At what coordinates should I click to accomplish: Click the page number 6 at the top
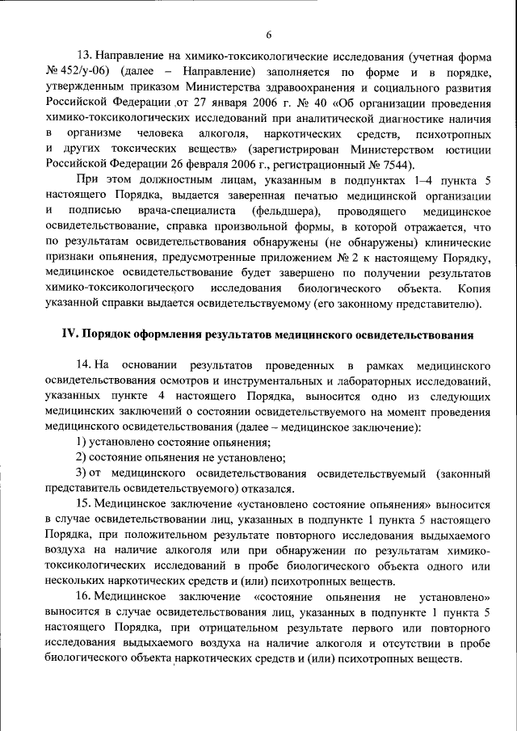268,33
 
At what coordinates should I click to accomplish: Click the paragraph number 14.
83,364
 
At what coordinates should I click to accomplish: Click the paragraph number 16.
83,595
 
